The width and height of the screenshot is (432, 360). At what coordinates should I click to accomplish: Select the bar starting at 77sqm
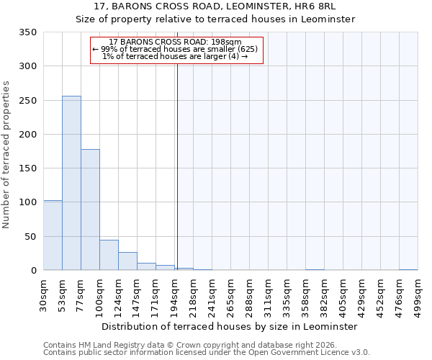click(90, 210)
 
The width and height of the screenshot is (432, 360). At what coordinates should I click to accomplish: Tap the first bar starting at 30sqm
click(53, 235)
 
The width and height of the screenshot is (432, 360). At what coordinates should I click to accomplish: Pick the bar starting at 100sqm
click(109, 255)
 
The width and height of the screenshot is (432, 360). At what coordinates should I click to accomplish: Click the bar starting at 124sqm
click(127, 261)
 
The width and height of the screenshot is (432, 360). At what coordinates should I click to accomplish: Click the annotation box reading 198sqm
click(176, 50)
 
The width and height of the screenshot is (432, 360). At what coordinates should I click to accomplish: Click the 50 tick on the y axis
click(30, 237)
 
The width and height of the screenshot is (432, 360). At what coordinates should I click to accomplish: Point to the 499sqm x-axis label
click(418, 295)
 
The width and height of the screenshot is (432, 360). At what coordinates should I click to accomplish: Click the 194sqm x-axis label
click(174, 295)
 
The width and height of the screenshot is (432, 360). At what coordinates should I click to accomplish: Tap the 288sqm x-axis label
click(249, 295)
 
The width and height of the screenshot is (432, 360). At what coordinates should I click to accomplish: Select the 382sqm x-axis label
click(324, 295)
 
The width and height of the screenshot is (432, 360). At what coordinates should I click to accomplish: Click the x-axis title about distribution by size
click(229, 326)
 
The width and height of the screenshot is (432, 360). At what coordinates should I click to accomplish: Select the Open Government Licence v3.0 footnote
click(207, 353)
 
